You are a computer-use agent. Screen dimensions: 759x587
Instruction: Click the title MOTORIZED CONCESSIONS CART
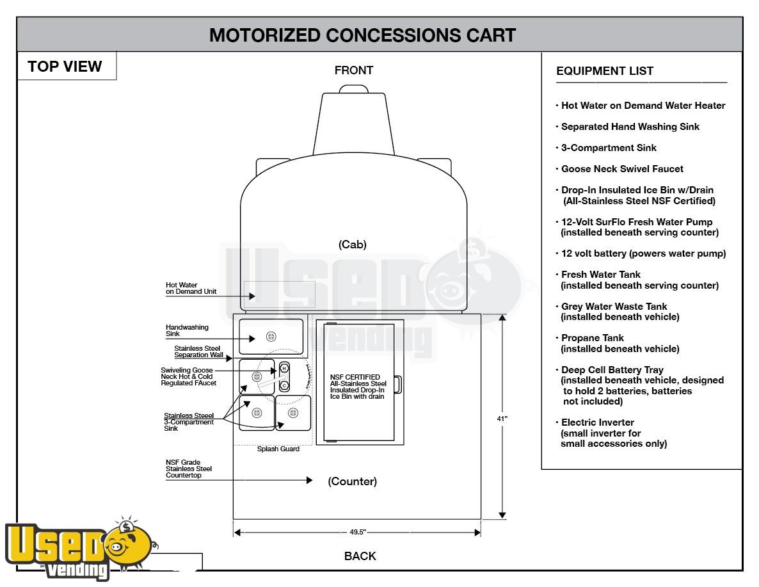(362, 35)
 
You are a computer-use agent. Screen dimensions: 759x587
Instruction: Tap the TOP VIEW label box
(66, 66)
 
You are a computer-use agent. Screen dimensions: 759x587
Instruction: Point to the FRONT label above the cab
(353, 70)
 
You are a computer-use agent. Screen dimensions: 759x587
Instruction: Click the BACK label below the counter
(360, 556)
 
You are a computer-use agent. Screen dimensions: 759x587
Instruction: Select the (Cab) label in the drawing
(353, 244)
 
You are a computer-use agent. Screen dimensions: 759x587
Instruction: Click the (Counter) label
(353, 481)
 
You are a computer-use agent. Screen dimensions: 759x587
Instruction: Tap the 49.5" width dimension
(357, 532)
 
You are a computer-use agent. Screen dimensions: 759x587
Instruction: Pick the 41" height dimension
(502, 419)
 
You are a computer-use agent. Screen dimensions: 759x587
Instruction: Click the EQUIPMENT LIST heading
(605, 70)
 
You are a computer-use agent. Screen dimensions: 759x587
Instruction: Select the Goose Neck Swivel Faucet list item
(622, 169)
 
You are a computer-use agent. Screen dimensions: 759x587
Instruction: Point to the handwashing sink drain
(271, 337)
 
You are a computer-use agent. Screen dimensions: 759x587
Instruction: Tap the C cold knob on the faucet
(284, 386)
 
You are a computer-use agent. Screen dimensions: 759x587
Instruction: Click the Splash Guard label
(278, 449)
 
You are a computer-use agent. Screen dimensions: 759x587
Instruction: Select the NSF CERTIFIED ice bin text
(358, 387)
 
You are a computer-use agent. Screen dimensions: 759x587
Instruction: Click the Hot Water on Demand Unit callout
(191, 288)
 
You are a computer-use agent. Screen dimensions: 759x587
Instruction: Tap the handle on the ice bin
(397, 385)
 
